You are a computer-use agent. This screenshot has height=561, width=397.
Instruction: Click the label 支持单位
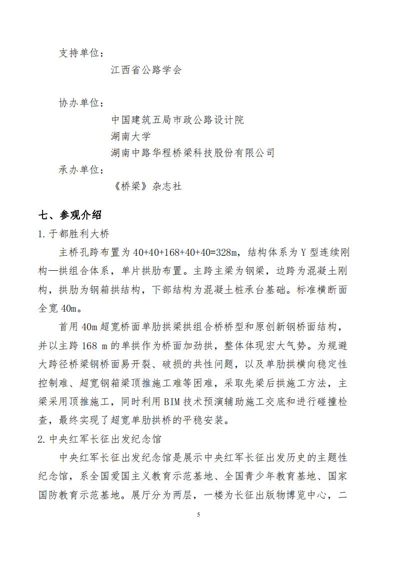[x=81, y=53]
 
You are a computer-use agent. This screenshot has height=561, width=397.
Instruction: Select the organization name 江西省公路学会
[x=146, y=70]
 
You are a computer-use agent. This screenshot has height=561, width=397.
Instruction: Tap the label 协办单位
[x=81, y=103]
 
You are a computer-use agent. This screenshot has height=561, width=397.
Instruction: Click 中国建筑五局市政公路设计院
[x=177, y=120]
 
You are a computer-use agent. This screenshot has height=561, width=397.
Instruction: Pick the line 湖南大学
[x=130, y=136]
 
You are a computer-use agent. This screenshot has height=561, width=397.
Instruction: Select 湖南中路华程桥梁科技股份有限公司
[x=192, y=153]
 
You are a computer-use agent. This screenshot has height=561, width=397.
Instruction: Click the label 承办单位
[x=81, y=170]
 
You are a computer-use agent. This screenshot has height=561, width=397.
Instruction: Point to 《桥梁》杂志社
[x=148, y=187]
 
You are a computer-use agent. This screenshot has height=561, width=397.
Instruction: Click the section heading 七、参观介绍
[x=70, y=215]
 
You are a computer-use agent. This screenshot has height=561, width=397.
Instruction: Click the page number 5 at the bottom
[x=198, y=515]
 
